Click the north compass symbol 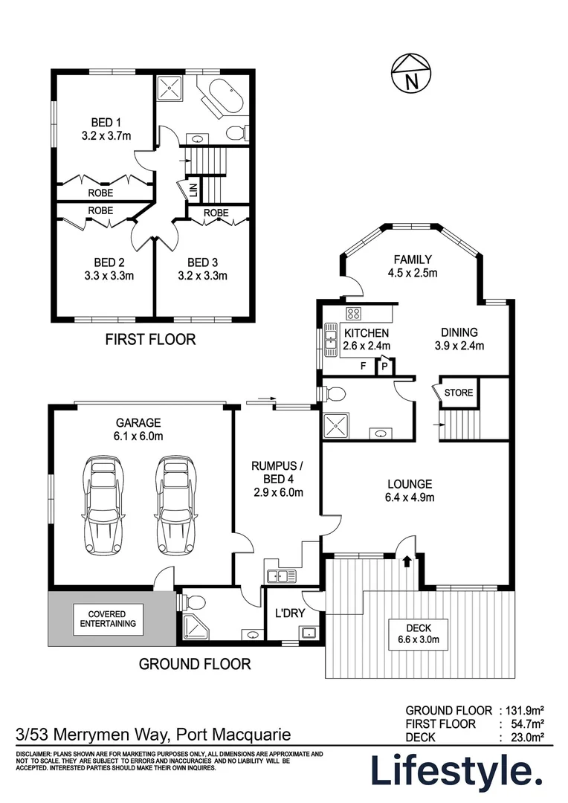click(x=411, y=74)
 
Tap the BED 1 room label click(x=106, y=123)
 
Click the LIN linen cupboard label click(x=193, y=190)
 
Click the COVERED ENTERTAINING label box click(x=108, y=619)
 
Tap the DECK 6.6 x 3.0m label click(x=419, y=634)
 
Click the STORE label click(x=459, y=393)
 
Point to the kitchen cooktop click(x=353, y=314)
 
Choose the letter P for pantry click(x=384, y=367)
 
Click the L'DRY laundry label click(x=290, y=613)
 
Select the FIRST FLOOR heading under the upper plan click(x=150, y=339)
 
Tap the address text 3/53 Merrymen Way click(x=92, y=735)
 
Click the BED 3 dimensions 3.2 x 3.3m click(x=202, y=276)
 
